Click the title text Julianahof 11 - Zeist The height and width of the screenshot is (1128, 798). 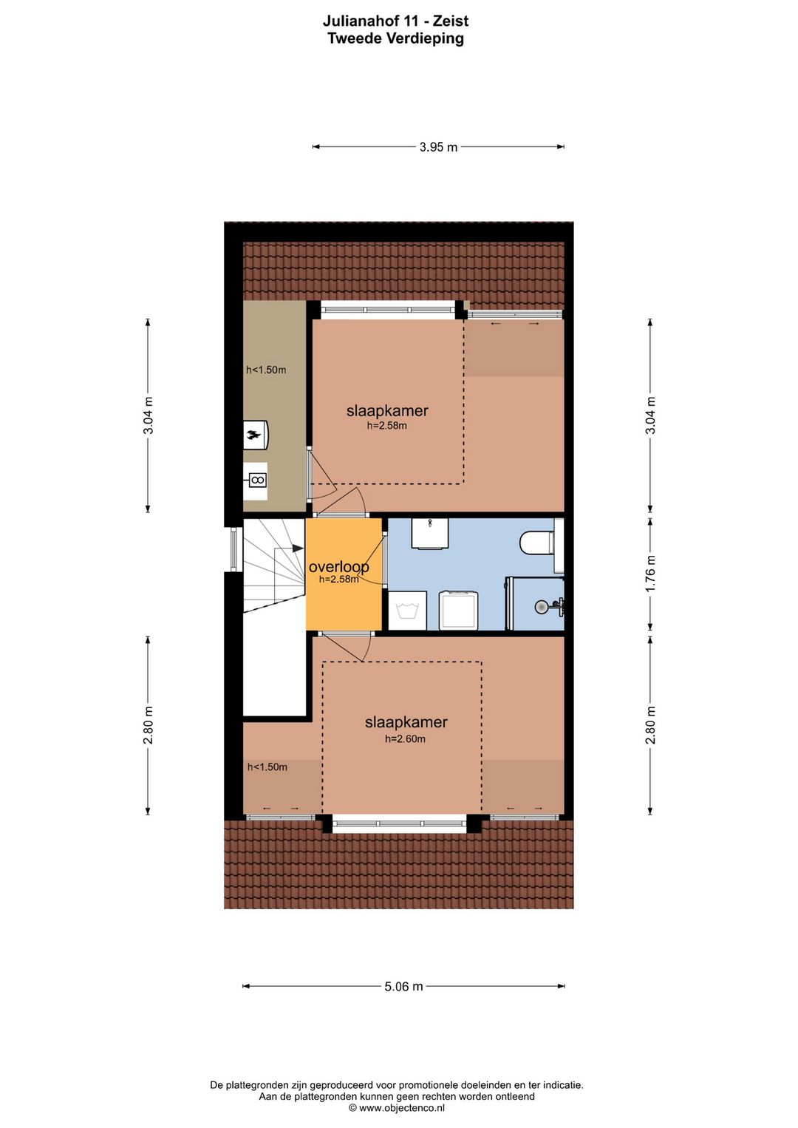point(395,21)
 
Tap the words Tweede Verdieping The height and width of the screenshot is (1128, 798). point(395,38)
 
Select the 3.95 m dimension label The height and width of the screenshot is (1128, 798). point(438,147)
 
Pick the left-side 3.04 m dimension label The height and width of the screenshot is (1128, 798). point(148,415)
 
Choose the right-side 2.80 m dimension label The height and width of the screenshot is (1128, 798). point(651,725)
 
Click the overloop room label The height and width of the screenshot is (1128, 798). point(339,567)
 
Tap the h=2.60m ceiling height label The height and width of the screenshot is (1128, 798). point(406,739)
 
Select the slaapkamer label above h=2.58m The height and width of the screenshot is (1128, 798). point(387,410)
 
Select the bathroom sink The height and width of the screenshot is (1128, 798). point(430,533)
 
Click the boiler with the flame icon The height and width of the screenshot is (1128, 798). point(256,434)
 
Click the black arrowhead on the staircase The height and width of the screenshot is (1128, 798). point(297,548)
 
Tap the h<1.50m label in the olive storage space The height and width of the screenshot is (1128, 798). point(266,370)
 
